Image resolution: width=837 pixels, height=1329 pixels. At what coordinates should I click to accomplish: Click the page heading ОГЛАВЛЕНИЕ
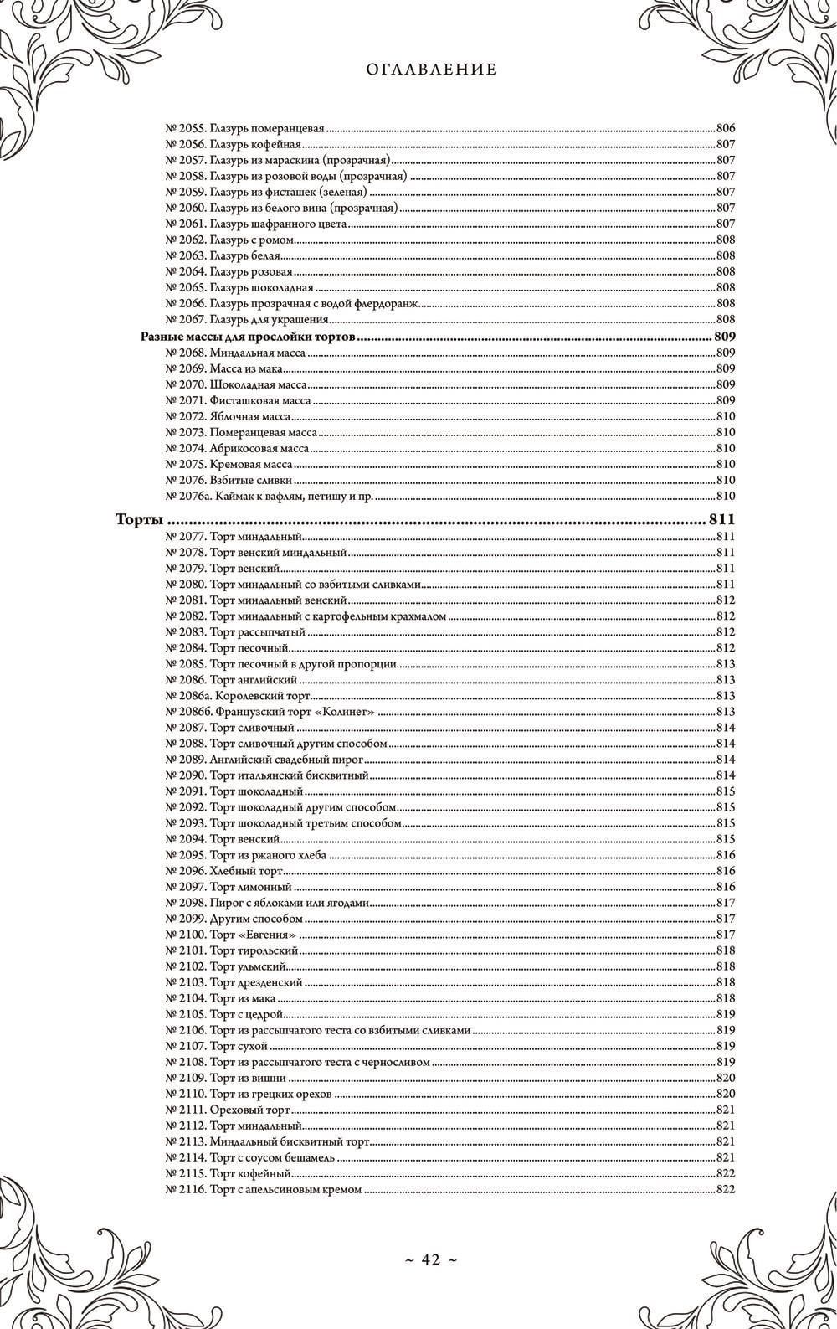pos(431,70)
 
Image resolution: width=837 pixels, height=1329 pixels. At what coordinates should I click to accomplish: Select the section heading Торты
pos(138,520)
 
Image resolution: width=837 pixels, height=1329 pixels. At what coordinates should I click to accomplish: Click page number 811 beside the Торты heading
pos(721,520)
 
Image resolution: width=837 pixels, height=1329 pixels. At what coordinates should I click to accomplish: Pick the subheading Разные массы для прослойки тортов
pos(247,337)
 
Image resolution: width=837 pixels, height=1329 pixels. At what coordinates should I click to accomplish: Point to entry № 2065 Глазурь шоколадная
pos(239,287)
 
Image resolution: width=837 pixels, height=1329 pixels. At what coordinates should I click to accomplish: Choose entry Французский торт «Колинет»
pos(270,711)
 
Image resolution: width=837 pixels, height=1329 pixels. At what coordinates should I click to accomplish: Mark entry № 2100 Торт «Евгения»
pos(232,934)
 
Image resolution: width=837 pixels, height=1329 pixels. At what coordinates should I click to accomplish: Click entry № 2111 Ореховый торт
pos(228,1109)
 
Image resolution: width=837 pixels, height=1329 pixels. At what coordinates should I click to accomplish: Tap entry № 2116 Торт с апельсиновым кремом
pos(264,1188)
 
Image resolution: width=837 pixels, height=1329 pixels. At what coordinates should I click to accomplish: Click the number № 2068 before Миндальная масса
pos(186,353)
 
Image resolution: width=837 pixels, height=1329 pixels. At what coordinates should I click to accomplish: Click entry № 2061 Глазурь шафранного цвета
pos(256,224)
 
